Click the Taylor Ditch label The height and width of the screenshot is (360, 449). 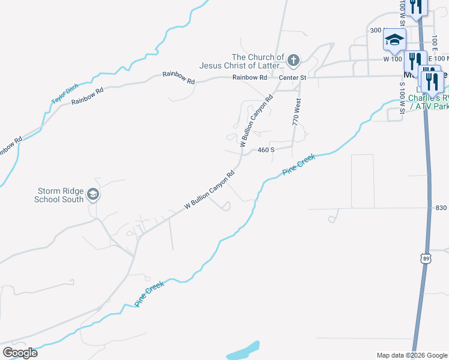64,95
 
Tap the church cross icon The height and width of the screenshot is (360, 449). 293,59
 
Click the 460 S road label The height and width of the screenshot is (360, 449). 266,150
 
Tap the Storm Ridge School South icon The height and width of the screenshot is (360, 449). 92,194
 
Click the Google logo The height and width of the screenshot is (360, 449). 20,353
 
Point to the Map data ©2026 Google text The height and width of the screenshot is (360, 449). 411,355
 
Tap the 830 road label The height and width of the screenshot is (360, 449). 442,208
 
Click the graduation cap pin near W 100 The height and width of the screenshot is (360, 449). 394,40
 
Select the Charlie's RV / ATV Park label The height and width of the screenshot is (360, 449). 428,102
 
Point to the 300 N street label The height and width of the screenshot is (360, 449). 376,30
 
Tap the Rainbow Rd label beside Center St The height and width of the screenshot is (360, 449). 250,77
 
